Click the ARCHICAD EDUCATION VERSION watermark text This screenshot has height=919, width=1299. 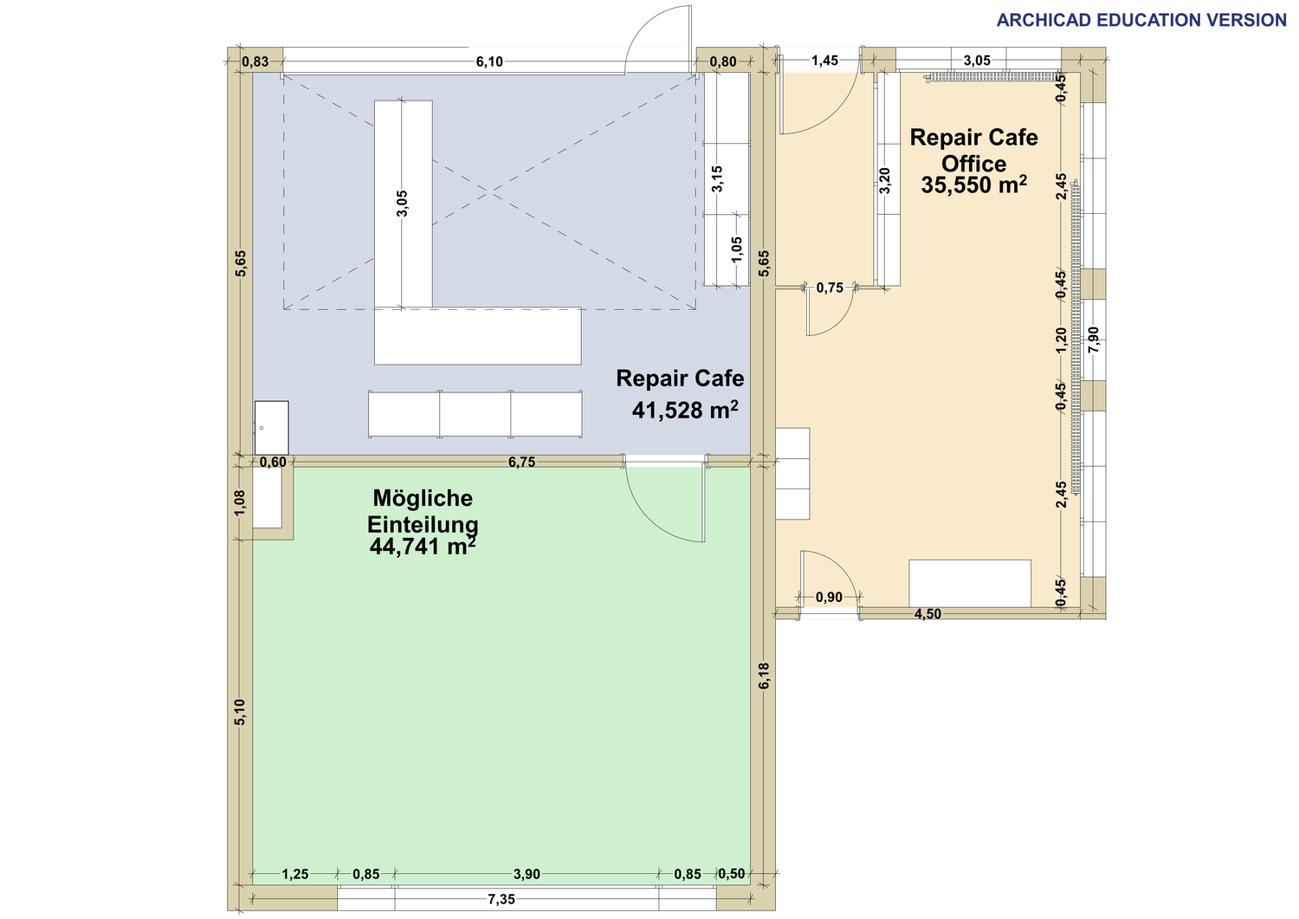pyautogui.click(x=1141, y=20)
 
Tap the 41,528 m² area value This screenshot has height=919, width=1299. pyautogui.click(x=685, y=411)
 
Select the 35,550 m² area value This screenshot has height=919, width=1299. pyautogui.click(x=973, y=185)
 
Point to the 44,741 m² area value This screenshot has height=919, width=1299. pyautogui.click(x=423, y=546)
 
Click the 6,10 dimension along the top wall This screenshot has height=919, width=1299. pyautogui.click(x=489, y=61)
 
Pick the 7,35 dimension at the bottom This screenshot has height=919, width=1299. pyautogui.click(x=501, y=899)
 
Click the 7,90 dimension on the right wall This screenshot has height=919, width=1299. pyautogui.click(x=1093, y=340)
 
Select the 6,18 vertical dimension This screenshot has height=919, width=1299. pyautogui.click(x=764, y=676)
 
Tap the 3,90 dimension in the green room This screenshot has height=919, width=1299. pyautogui.click(x=527, y=874)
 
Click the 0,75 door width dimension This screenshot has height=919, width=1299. pyautogui.click(x=830, y=288)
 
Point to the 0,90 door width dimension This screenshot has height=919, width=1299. pyautogui.click(x=829, y=597)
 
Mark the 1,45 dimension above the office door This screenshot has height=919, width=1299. pyautogui.click(x=824, y=61)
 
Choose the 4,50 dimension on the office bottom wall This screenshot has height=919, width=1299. pyautogui.click(x=927, y=614)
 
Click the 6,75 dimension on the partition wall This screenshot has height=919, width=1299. pyautogui.click(x=521, y=462)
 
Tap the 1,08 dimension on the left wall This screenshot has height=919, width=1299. pyautogui.click(x=240, y=502)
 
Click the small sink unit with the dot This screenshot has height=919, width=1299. pyautogui.click(x=271, y=428)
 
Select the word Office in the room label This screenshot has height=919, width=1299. pyautogui.click(x=973, y=164)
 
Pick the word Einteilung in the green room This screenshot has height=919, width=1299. pyautogui.click(x=423, y=525)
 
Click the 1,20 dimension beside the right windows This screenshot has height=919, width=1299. pyautogui.click(x=1061, y=340)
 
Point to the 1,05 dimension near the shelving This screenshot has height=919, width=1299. pyautogui.click(x=736, y=249)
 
